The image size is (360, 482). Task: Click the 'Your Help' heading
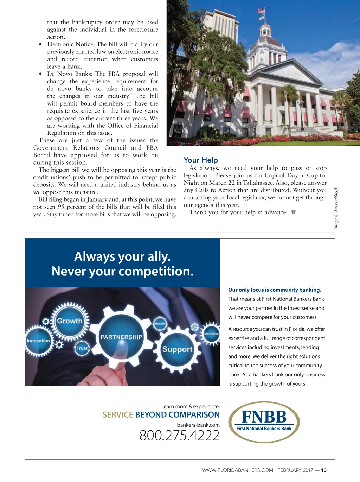(x=201, y=160)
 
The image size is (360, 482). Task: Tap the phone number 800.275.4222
(x=179, y=436)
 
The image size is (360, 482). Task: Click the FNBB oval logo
(x=264, y=421)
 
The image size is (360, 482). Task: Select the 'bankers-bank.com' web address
(x=198, y=425)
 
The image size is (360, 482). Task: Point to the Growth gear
(x=70, y=321)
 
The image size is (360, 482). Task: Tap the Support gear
(x=177, y=349)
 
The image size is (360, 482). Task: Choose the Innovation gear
(x=38, y=341)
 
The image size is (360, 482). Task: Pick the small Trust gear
(x=82, y=348)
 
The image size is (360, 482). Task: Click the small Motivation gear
(x=211, y=334)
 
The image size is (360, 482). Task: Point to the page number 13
(x=324, y=470)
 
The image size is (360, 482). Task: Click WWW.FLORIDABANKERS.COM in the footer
(x=238, y=470)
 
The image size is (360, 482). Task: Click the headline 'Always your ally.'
(x=122, y=256)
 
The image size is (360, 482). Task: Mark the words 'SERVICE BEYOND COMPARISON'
(x=161, y=415)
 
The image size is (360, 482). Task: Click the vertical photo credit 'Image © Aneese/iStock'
(x=336, y=208)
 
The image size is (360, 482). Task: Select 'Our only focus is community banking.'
(x=275, y=290)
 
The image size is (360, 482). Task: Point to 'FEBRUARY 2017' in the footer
(x=295, y=470)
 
